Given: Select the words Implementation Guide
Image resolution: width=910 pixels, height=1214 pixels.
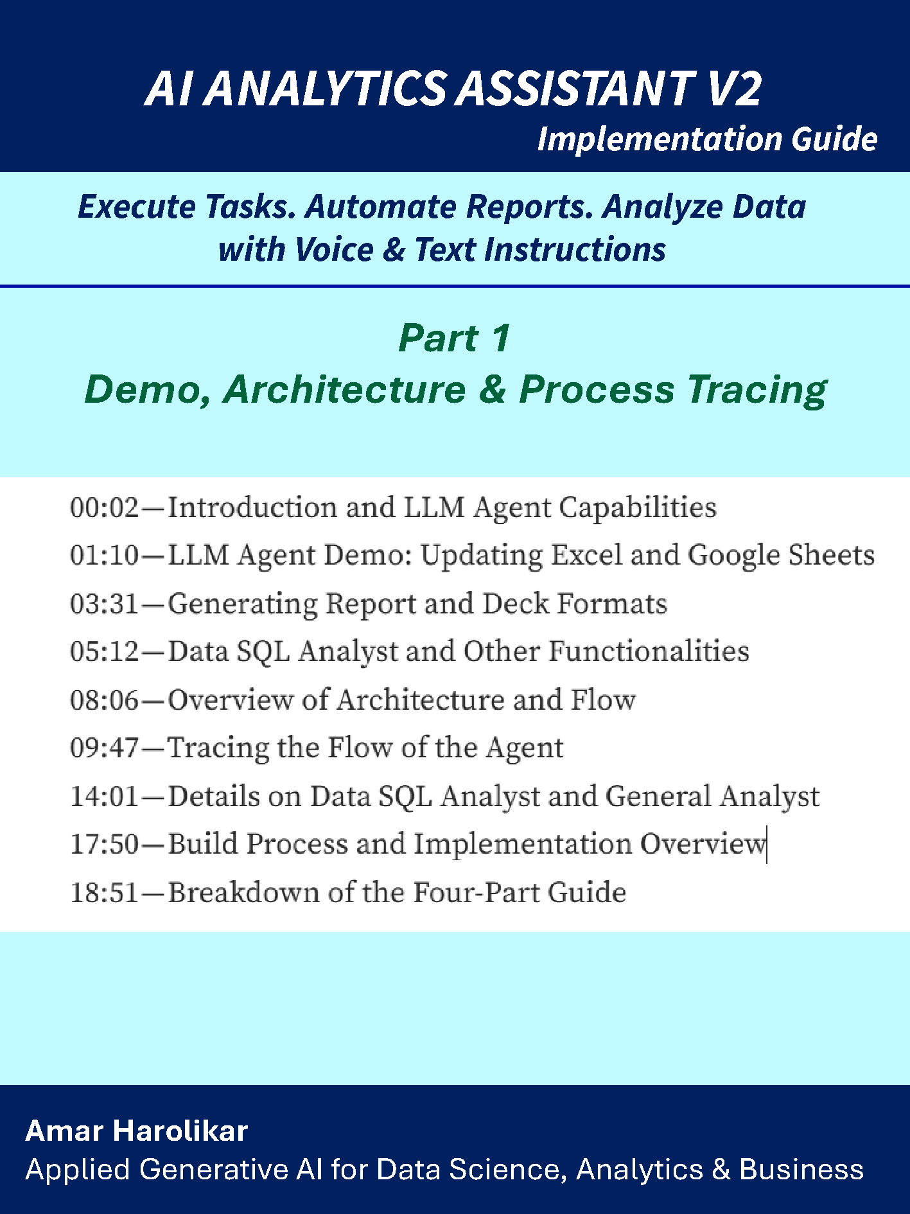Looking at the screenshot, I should point(707,139).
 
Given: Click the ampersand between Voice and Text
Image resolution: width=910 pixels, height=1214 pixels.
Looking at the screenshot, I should point(393,249).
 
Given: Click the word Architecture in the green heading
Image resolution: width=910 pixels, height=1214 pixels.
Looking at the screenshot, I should point(344,389).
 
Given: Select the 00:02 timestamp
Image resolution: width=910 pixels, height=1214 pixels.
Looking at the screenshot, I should point(104,508).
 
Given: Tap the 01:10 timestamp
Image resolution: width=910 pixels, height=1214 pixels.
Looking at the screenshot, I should point(104,556).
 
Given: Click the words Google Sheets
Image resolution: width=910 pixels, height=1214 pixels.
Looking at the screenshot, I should point(781,556).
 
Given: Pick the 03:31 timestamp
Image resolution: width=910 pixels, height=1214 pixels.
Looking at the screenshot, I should point(104,604).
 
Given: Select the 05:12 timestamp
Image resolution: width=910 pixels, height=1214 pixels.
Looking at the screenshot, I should point(104,652).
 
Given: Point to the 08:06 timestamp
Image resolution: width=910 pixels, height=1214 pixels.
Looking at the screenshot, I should point(104,700).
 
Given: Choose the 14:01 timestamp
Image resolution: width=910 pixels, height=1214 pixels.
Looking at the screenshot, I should point(104,796).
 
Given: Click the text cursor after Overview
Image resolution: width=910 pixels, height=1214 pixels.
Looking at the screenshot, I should point(767,845).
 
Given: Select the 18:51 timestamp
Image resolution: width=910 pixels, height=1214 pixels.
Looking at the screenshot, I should point(104,893).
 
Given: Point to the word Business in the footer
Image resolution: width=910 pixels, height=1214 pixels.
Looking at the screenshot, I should point(801,1170).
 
